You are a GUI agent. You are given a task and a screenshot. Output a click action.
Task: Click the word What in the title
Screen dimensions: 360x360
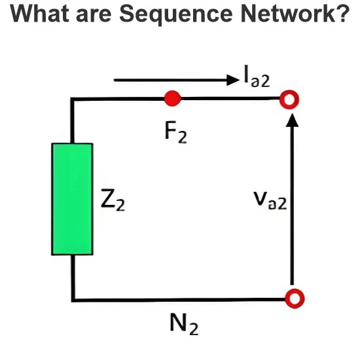[x=39, y=13]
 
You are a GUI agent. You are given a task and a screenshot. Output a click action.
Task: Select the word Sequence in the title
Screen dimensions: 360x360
[x=176, y=14]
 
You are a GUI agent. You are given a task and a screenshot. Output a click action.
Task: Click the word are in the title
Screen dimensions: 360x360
[x=94, y=16]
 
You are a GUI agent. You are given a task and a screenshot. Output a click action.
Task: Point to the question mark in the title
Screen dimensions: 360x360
[x=342, y=13]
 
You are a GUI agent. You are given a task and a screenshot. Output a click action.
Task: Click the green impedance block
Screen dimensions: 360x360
[x=72, y=199]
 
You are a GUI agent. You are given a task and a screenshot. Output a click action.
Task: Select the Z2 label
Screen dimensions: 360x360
[x=113, y=200]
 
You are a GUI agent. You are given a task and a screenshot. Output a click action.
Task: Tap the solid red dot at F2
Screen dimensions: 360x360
[x=173, y=99]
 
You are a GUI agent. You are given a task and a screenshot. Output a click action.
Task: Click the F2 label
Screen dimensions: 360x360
[x=176, y=132]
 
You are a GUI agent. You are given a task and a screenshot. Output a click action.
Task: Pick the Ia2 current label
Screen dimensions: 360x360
[x=257, y=76]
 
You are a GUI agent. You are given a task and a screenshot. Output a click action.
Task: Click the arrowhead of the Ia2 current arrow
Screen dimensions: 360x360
[x=233, y=80]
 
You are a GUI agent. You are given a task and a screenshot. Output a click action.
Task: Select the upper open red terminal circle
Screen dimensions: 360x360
[x=289, y=99]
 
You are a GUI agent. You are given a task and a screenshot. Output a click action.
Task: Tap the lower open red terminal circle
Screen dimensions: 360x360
[x=295, y=298]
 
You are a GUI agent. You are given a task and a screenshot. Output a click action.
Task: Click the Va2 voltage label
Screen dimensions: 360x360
[x=270, y=200]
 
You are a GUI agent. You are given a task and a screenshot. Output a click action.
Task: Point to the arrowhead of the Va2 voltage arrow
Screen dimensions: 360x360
[x=292, y=120]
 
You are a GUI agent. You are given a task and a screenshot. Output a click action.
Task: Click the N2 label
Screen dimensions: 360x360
[x=184, y=324]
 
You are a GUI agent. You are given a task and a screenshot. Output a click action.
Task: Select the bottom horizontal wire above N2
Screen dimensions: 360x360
[x=179, y=300]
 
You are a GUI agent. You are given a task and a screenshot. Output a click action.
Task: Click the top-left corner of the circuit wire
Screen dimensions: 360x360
[x=73, y=99]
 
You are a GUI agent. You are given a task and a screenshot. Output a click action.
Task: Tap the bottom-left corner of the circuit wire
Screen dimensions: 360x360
[x=73, y=300]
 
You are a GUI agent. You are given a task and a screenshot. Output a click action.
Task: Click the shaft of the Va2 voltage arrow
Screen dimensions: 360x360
[x=292, y=206]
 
